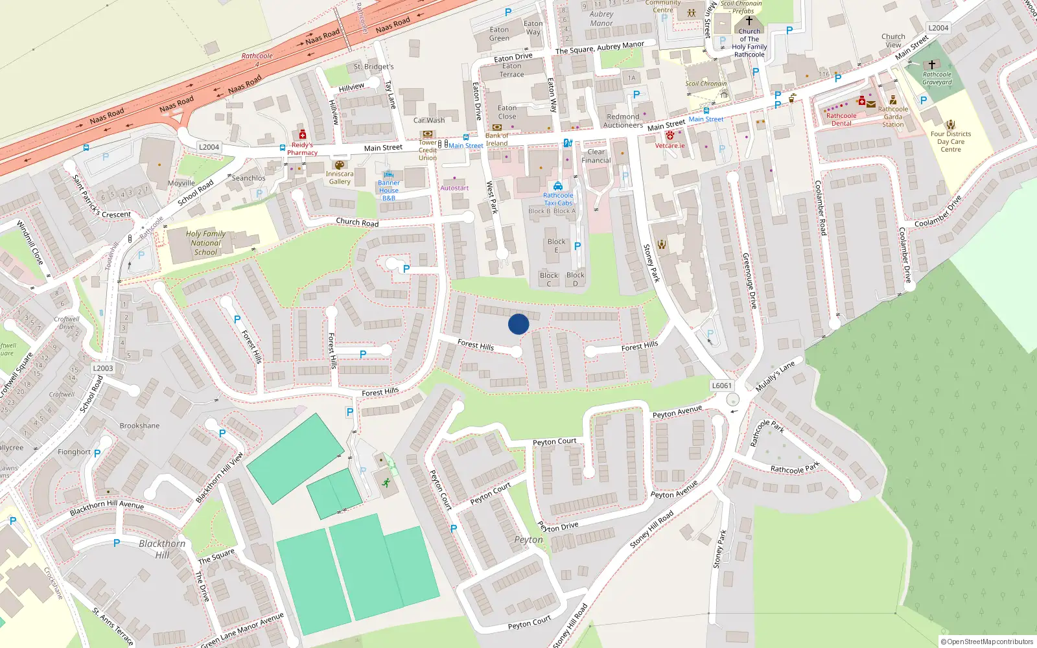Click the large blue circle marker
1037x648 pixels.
coord(518,324)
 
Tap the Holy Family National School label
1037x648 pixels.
coord(205,243)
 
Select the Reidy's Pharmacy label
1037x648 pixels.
coord(302,149)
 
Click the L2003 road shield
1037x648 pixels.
coord(102,368)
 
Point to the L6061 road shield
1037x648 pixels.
coord(721,386)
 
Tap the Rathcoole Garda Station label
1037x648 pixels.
coord(893,117)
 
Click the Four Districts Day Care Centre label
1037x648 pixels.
coord(950,141)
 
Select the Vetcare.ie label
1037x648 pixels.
coord(670,145)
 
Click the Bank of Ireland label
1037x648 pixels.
coord(497,139)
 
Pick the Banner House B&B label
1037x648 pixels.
coord(389,191)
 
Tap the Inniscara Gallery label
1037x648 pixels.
coord(340,178)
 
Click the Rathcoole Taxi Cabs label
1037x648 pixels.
coord(558,199)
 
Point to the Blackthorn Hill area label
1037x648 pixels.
coord(162,549)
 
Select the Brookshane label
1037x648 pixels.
coord(139,426)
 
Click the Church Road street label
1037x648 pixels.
coord(357,222)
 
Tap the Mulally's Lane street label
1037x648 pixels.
coord(775,377)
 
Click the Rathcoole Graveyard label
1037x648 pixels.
coord(937,78)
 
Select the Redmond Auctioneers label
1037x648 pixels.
coord(623,121)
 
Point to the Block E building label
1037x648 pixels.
coord(556,245)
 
